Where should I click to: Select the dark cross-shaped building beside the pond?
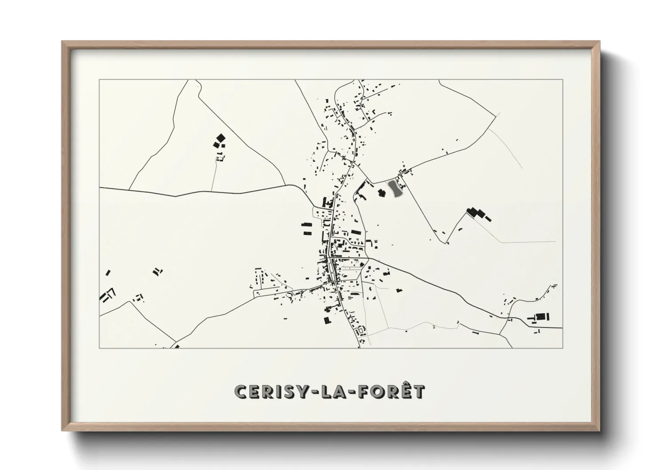tap(381, 192)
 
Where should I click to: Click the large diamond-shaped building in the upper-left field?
tap(220, 139)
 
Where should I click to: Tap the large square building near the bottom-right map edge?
tap(540, 317)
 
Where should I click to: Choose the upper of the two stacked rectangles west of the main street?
tap(307, 225)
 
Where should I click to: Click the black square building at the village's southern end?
tap(328, 320)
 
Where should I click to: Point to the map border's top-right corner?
tap(562, 80)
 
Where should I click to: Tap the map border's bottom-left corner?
tap(100, 348)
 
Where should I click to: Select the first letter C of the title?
tap(241, 392)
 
